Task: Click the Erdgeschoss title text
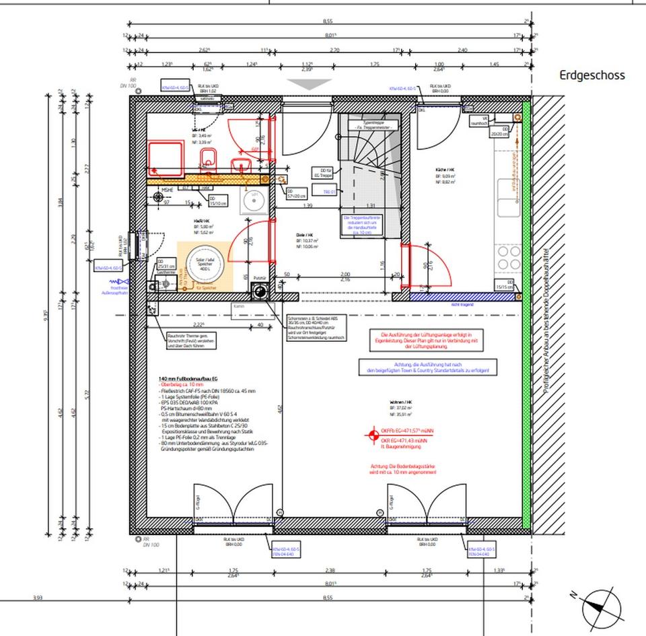tap(591, 75)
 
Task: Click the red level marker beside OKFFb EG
tap(369, 435)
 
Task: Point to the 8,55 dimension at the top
tap(328, 22)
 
